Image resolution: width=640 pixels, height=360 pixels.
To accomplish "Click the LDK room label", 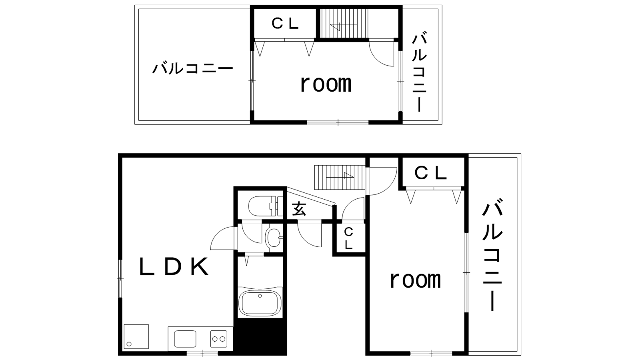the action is point(174,266).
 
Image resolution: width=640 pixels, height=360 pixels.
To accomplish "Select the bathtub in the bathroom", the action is point(260,303).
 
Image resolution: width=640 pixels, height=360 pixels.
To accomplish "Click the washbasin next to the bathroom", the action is point(274,238).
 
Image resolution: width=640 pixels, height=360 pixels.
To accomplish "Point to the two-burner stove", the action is point(219,339).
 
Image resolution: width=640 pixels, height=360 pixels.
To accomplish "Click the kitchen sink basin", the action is point(185,339).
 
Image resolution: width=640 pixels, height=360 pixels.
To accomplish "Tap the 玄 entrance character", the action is point(299,209).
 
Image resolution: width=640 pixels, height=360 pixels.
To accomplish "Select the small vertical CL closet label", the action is point(348,238).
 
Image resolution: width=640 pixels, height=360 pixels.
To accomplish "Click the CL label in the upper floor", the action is point(285,24).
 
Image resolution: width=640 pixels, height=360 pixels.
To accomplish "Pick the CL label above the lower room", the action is point(430,173).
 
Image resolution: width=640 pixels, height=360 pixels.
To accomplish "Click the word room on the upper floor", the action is point(326,84).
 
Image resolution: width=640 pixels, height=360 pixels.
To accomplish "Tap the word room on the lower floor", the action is point(415,280).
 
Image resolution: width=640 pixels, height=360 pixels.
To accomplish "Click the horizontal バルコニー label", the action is point(192,68).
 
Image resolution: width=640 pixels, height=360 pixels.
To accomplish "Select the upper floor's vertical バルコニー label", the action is point(419,73).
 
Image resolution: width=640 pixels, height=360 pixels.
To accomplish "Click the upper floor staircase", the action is point(344,23).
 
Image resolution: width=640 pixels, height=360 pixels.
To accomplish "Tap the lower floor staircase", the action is point(340,178).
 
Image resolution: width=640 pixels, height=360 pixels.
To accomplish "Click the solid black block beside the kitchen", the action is point(260,337).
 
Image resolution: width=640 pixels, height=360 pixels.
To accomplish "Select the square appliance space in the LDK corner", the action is point(136,336).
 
